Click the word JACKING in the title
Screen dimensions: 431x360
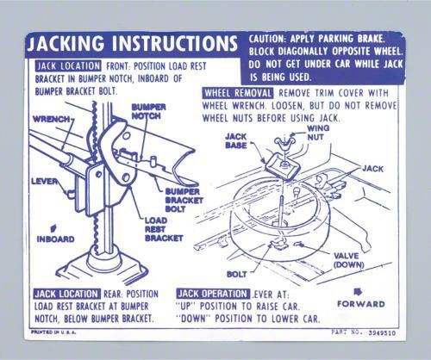tap(66, 44)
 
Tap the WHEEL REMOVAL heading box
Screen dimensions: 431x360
tap(238, 93)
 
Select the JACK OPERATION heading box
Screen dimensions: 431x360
tap(213, 294)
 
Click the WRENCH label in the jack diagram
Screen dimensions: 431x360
tap(51, 119)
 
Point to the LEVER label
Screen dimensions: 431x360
tap(45, 182)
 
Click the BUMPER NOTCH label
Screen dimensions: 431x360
tap(148, 112)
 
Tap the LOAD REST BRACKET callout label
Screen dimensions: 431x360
tap(164, 229)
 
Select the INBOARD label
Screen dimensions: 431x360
tap(55, 239)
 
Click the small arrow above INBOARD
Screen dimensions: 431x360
tap(53, 228)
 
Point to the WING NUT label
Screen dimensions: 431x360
tap(318, 133)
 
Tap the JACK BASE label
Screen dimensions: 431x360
tap(236, 141)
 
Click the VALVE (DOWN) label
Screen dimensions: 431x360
tap(348, 260)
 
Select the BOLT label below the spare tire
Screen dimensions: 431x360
tap(236, 275)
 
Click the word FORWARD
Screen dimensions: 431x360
tap(361, 304)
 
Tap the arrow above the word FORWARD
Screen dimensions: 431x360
tap(358, 292)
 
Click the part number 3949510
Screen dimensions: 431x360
tap(382, 333)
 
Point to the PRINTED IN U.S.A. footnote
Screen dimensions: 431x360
tap(53, 332)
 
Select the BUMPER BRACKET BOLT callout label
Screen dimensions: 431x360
tap(184, 201)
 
